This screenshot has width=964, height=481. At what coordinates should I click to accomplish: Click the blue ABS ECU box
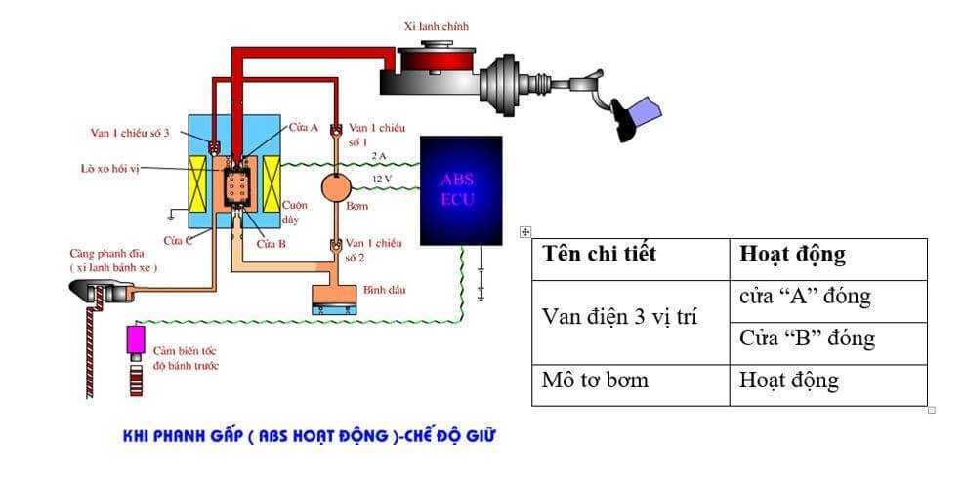click(460, 189)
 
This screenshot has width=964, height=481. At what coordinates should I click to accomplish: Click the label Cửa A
click(304, 128)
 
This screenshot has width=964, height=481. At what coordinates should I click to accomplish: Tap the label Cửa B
click(271, 244)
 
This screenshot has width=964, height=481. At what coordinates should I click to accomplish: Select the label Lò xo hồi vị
click(110, 168)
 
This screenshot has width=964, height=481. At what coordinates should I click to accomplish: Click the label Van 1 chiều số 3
click(124, 132)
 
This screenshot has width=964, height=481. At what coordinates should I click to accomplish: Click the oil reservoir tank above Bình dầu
click(334, 299)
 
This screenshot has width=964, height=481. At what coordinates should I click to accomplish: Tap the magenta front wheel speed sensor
click(136, 340)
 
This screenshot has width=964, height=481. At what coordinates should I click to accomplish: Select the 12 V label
click(382, 180)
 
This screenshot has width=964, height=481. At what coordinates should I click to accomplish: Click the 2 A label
click(379, 155)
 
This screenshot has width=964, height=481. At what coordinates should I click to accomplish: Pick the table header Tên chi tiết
click(600, 256)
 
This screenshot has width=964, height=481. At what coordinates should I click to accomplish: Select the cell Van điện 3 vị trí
click(619, 317)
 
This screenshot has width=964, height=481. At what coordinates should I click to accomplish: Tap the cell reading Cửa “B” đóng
click(808, 339)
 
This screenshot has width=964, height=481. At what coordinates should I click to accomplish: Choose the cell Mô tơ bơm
click(595, 380)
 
